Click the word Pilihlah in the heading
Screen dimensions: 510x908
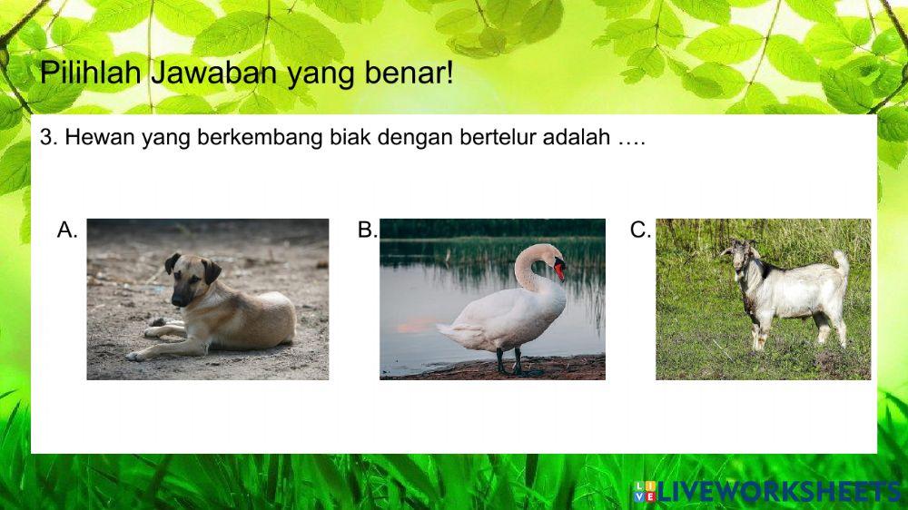click(91, 72)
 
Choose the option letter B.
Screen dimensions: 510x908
click(367, 230)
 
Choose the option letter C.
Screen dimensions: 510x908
click(640, 230)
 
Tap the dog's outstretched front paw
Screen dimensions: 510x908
click(137, 356)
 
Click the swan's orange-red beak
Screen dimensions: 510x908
click(559, 270)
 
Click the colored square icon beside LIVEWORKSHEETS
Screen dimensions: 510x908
click(645, 493)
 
